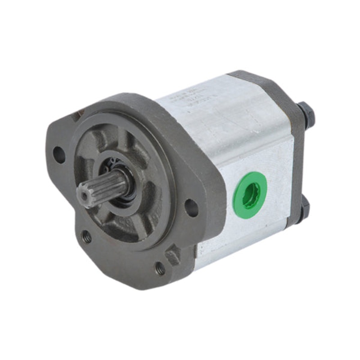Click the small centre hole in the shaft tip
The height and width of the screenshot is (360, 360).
(82, 195)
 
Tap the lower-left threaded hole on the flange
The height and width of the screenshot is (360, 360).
(86, 236)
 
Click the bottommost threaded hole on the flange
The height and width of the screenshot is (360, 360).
(160, 269)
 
